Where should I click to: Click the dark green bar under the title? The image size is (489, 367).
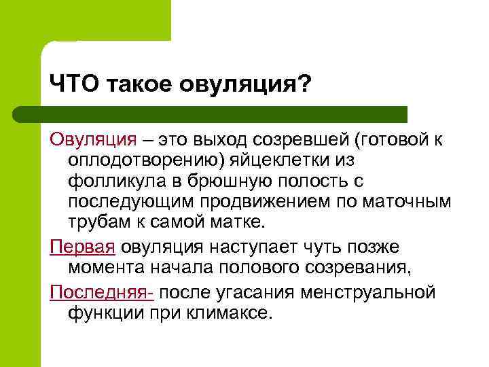pos(224,114)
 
